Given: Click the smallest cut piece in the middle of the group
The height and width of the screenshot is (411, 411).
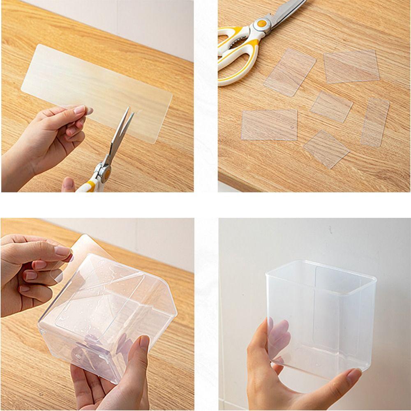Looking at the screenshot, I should pos(331,106).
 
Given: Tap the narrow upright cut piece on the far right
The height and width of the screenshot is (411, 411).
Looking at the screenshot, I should pos(375,122).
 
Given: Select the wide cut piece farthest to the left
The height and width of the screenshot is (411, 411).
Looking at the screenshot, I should pos(269,125).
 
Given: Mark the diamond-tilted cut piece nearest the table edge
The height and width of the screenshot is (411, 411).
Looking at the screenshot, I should pos(326,149).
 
